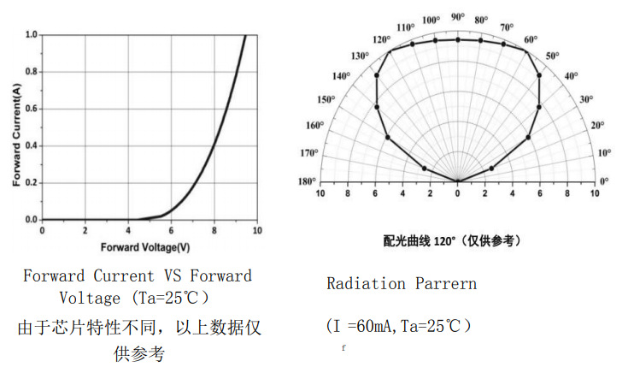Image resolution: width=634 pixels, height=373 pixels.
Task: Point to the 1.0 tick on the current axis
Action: [x=31, y=35]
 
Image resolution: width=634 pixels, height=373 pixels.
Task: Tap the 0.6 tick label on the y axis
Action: [x=31, y=109]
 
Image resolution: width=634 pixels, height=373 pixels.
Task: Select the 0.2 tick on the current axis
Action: [x=31, y=183]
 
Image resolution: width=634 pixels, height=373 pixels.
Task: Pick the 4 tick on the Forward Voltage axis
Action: [x=127, y=231]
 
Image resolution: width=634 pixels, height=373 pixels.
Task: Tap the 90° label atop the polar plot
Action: [x=457, y=17]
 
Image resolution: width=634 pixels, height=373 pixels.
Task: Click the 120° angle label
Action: [x=381, y=39]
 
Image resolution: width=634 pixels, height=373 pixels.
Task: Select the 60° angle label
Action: [x=531, y=39]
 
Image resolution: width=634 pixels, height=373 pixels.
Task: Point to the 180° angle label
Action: [x=307, y=181]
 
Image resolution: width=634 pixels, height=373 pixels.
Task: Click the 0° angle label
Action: [x=604, y=181]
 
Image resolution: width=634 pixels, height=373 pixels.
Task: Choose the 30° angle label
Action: [x=585, y=99]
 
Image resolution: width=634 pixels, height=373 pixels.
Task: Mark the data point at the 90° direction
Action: [x=457, y=39]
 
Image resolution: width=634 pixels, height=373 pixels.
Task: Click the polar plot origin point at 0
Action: [x=457, y=181]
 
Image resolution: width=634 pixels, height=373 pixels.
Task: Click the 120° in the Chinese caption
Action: [x=451, y=240]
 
